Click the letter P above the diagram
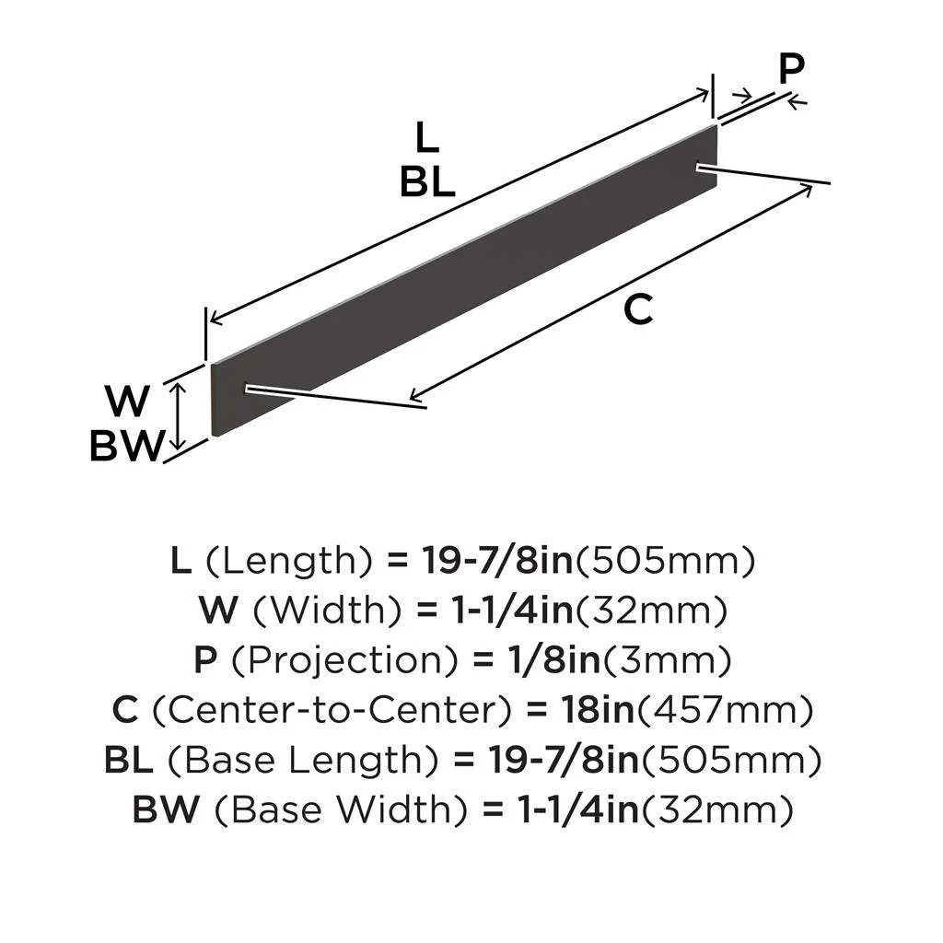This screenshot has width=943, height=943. [791, 69]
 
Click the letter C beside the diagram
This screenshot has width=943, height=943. [638, 310]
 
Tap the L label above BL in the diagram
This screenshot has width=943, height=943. [425, 138]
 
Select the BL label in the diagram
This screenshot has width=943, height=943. [427, 183]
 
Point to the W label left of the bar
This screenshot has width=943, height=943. [128, 402]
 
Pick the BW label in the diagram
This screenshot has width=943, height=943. [126, 447]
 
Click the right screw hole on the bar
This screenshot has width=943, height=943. [704, 167]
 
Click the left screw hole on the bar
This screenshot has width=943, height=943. [248, 390]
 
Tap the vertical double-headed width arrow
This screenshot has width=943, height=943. [180, 416]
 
